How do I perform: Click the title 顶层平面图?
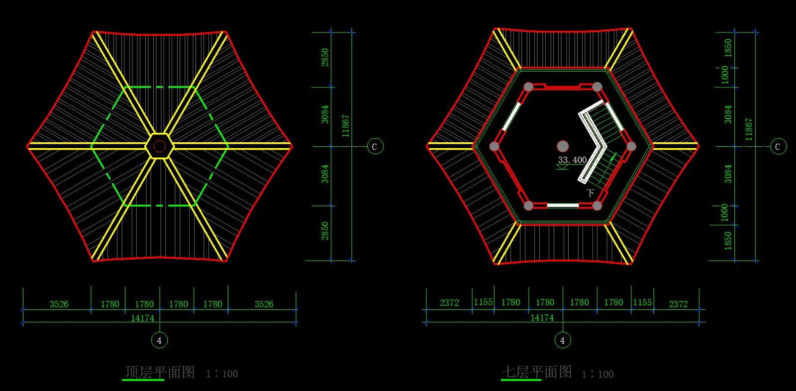pos(160,372)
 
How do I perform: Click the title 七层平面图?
pos(537,372)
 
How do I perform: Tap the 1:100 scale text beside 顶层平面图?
pos(222,374)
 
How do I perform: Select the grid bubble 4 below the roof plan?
pos(160,340)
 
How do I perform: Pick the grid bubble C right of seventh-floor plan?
pos(778,146)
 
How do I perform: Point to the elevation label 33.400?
pos(572,160)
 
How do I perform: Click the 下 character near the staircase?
pos(590,193)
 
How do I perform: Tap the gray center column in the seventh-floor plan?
pos(563,146)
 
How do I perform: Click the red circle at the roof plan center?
pos(160,146)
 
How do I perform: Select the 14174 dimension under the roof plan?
pos(142,318)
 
